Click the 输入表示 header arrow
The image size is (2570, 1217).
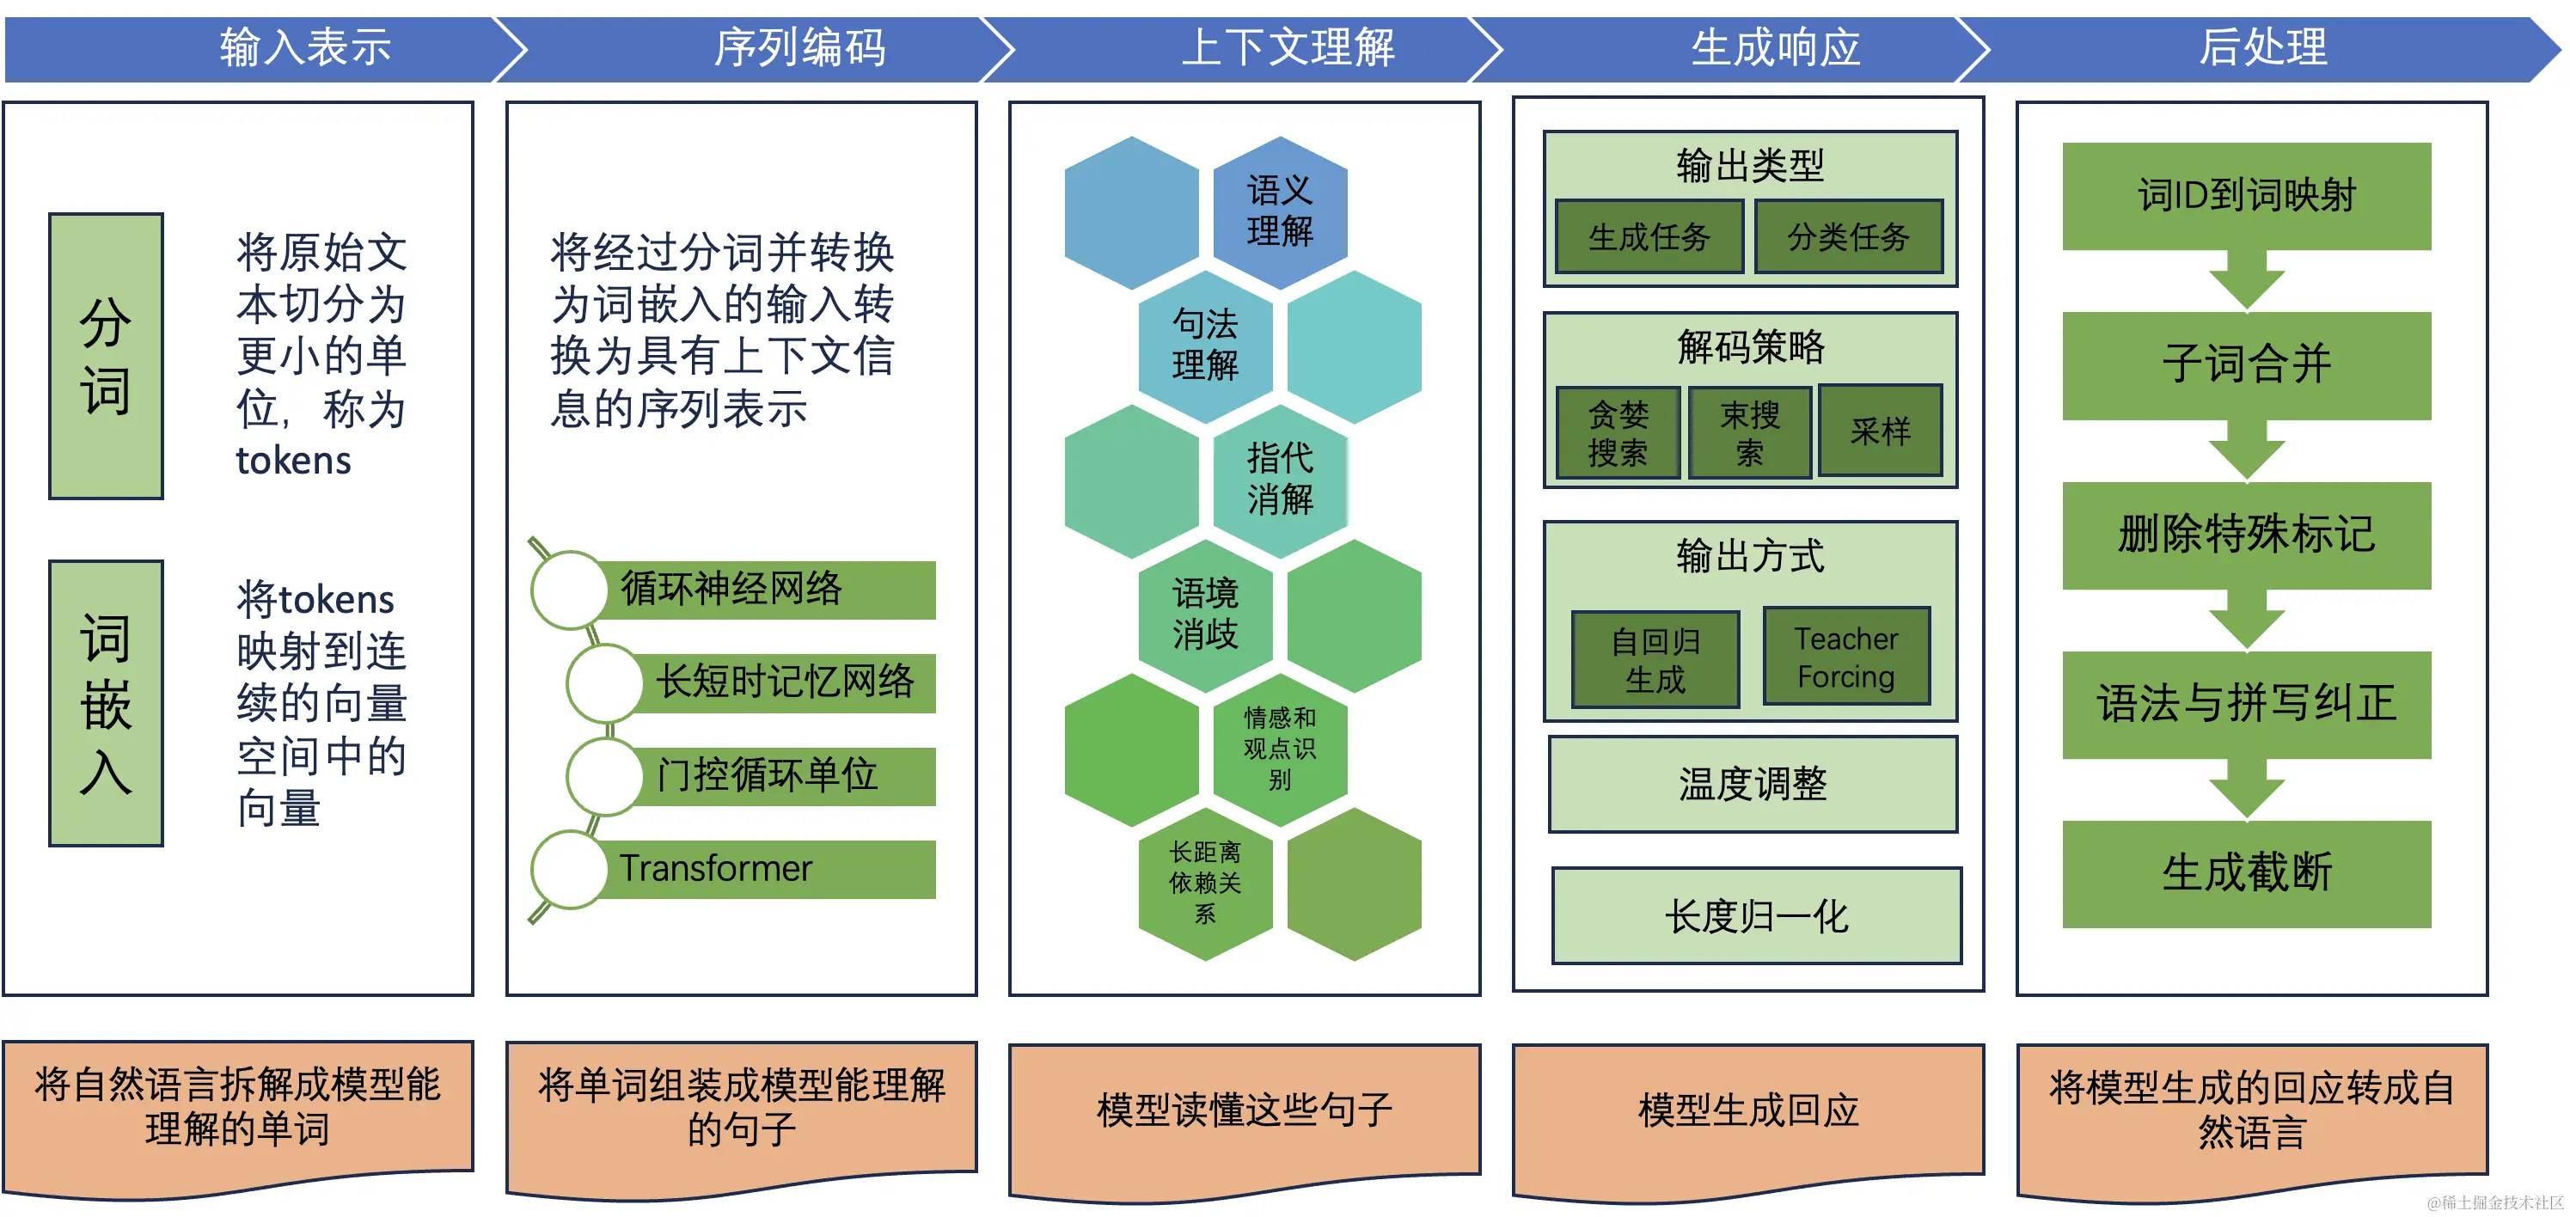click(x=304, y=48)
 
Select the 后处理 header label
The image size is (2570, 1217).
click(x=2261, y=48)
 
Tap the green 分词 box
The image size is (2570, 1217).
click(x=106, y=356)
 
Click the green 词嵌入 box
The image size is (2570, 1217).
click(x=106, y=703)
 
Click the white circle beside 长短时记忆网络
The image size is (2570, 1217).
click(x=604, y=683)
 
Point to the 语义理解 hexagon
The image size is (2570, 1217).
click(x=1279, y=211)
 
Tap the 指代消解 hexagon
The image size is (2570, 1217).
click(x=1279, y=479)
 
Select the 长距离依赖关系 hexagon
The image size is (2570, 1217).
click(x=1205, y=883)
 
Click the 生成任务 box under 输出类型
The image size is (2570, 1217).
click(x=1649, y=237)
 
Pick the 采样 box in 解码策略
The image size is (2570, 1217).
click(x=1880, y=431)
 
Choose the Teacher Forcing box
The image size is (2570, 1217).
click(x=1845, y=657)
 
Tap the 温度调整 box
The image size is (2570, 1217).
click(x=1752, y=784)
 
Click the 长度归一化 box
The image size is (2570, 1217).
click(x=1756, y=915)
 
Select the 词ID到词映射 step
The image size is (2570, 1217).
click(x=2246, y=195)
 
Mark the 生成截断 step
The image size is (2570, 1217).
click(x=2246, y=874)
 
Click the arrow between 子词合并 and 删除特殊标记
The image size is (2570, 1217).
click(x=2246, y=451)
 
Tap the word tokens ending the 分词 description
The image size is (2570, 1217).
click(x=293, y=461)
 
